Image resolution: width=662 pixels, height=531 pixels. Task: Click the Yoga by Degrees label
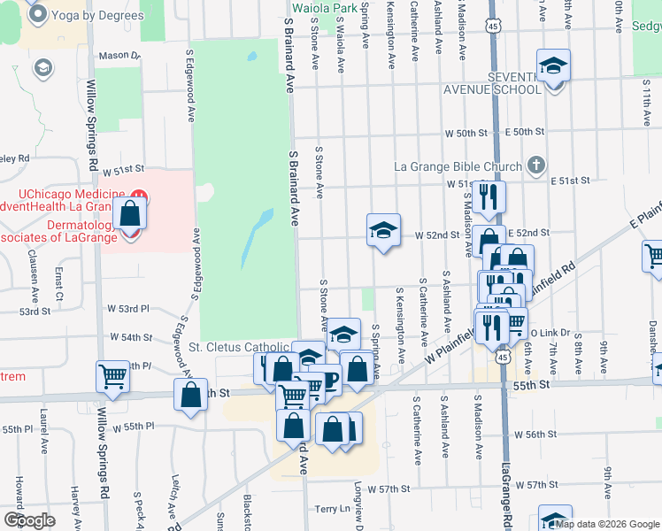point(97,16)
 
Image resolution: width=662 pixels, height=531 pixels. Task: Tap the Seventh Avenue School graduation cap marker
point(553,66)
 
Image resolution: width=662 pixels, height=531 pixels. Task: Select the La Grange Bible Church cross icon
point(535,165)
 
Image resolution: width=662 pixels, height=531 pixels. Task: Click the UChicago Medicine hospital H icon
point(139,195)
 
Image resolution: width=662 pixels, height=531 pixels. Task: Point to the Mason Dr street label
point(119,56)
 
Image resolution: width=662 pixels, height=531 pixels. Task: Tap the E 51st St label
point(569,181)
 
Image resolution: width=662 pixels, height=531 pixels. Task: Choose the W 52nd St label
point(437,235)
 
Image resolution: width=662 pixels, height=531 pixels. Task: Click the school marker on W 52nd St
point(383,231)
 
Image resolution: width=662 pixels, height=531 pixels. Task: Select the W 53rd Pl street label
point(128,309)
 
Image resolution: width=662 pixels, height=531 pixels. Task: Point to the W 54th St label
point(132,337)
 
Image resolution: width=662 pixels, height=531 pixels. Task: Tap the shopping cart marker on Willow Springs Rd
point(113,376)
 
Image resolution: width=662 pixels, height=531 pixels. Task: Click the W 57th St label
point(389,489)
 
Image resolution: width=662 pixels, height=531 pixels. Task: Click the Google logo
point(28,520)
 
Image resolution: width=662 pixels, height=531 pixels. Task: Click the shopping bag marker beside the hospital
point(130,213)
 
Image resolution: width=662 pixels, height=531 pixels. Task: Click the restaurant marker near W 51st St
point(488,196)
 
